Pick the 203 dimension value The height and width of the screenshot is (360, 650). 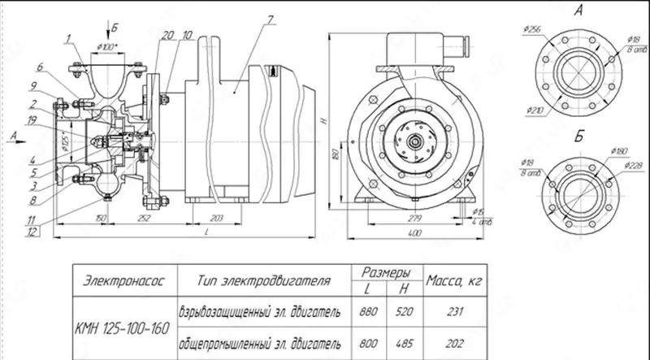217,219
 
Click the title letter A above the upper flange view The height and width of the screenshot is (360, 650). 578,11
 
